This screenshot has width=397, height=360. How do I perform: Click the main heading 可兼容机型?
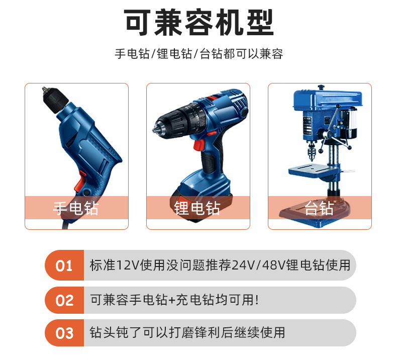[x=198, y=23]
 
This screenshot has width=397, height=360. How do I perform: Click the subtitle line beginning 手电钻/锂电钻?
[x=198, y=54]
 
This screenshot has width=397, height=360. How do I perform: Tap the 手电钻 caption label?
[x=76, y=208]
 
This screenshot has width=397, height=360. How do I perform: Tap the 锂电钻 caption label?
[x=197, y=208]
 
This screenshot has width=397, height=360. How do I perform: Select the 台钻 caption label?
[x=319, y=208]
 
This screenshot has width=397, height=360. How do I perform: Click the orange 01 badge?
[x=64, y=265]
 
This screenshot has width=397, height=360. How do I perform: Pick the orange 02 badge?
[x=64, y=300]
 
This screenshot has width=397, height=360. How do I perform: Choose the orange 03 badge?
[x=64, y=333]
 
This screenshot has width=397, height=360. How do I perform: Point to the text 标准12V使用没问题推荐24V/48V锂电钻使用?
[x=220, y=265]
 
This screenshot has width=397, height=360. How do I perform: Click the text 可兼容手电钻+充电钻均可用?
[x=174, y=300]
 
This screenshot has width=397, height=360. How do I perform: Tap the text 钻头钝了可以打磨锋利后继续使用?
[x=187, y=333]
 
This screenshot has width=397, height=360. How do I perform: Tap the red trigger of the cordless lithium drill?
[x=198, y=145]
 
